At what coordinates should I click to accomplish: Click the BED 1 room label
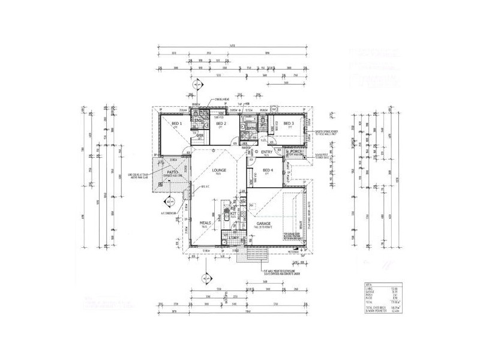[x=176, y=124]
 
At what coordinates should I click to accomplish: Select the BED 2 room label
[x=220, y=124]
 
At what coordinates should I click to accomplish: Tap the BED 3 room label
[x=289, y=124]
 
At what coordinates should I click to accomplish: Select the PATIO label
[x=174, y=172]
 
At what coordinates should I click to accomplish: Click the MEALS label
[x=207, y=222]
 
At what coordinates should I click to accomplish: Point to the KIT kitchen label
[x=233, y=213]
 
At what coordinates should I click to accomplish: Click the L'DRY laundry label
[x=233, y=238]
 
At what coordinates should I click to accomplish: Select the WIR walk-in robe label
[x=201, y=136]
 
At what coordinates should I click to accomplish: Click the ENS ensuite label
[x=196, y=120]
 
